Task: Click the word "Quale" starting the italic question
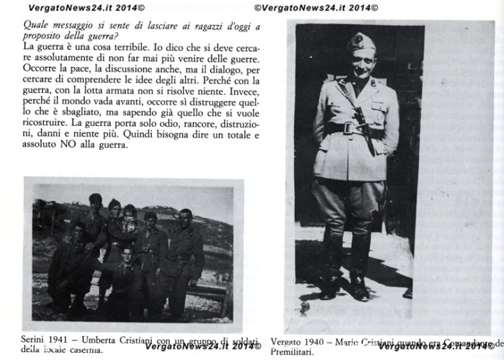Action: click(x=37, y=27)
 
